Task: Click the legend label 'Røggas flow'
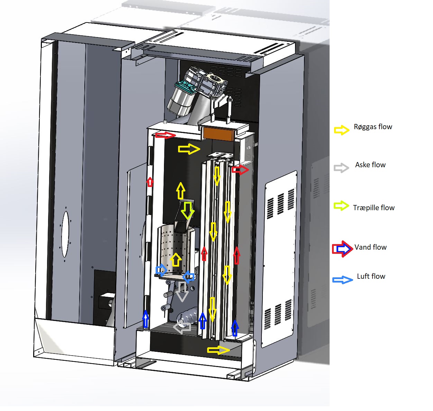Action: pos(373,127)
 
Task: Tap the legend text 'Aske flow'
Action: pos(370,165)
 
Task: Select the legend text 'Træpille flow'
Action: pos(374,208)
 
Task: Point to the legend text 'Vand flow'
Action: pos(370,247)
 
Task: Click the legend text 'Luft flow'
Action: pos(371,276)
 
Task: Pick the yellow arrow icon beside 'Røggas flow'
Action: pos(341,130)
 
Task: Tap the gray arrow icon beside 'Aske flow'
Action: pos(341,168)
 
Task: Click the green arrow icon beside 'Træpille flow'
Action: pos(341,206)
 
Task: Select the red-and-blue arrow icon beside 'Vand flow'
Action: pos(342,249)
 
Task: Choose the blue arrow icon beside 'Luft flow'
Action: pos(342,280)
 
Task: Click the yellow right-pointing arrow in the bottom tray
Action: pos(219,350)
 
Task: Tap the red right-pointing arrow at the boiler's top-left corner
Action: pos(165,135)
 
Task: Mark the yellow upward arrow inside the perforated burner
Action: pos(176,260)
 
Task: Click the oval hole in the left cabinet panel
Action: pos(65,234)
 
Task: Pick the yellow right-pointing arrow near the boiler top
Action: pos(189,149)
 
